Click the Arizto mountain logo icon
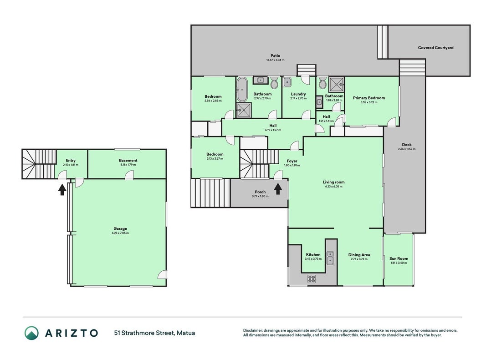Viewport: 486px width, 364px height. tap(31, 333)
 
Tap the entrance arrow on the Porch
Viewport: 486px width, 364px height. tap(278, 189)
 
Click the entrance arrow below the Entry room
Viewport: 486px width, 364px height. tap(62, 189)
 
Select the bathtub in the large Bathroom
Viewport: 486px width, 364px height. tap(242, 90)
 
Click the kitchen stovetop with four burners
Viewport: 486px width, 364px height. tap(312, 279)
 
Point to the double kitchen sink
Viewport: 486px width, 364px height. tap(330, 258)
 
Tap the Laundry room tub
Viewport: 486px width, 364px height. tap(287, 82)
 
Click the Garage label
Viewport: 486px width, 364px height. tap(120, 229)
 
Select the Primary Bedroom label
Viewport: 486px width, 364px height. tap(369, 98)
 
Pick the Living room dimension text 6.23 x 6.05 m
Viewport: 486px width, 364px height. tap(333, 187)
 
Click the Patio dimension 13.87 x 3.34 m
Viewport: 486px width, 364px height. tap(275, 60)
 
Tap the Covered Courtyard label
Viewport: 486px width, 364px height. tap(435, 48)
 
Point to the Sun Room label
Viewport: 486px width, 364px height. tap(399, 258)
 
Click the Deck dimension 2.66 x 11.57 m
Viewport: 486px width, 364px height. tap(407, 149)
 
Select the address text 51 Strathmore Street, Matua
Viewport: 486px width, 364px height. tap(154, 333)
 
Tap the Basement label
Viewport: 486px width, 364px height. tap(128, 160)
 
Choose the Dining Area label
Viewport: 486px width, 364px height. tap(359, 255)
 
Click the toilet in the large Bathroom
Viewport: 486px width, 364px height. tap(275, 83)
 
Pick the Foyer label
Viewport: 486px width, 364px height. tap(292, 161)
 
